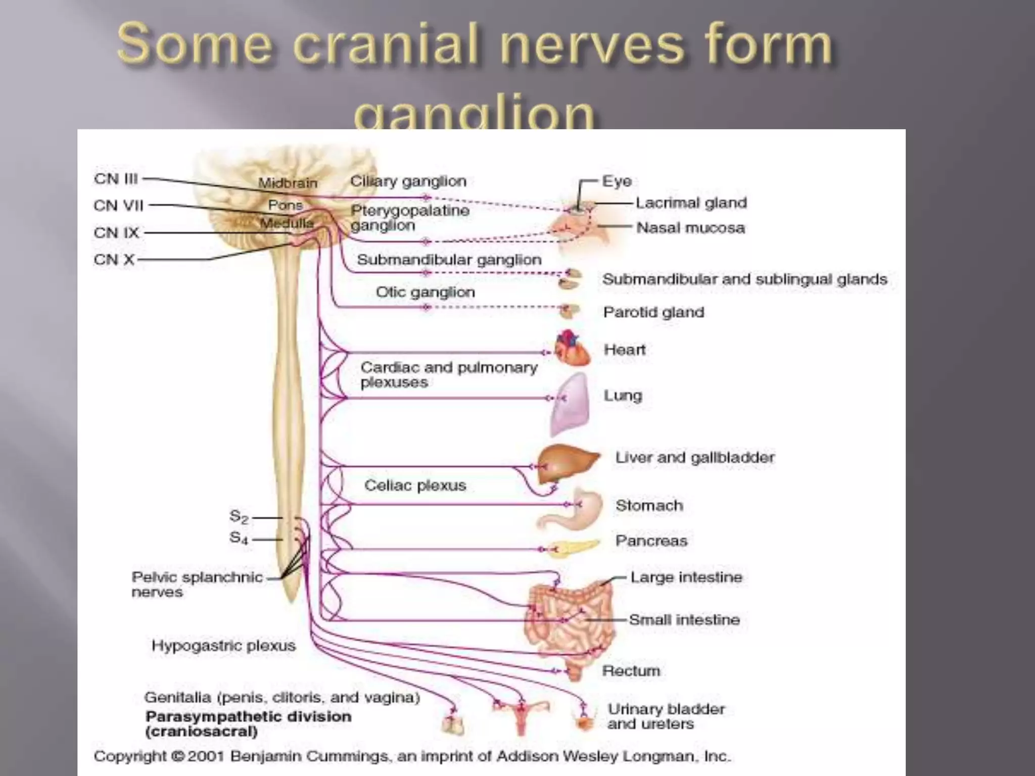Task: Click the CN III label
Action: [x=116, y=179]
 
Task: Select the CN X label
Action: [x=114, y=260]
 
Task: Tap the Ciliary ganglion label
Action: [x=408, y=181]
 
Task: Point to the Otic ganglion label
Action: [x=425, y=292]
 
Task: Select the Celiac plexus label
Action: [x=415, y=486]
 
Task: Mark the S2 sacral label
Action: [x=239, y=517]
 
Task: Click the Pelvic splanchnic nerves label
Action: [x=197, y=585]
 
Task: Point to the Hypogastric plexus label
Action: [x=223, y=646]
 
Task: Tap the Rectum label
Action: [x=631, y=671]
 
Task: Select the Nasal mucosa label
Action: [x=690, y=228]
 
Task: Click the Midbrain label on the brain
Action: [x=288, y=183]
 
